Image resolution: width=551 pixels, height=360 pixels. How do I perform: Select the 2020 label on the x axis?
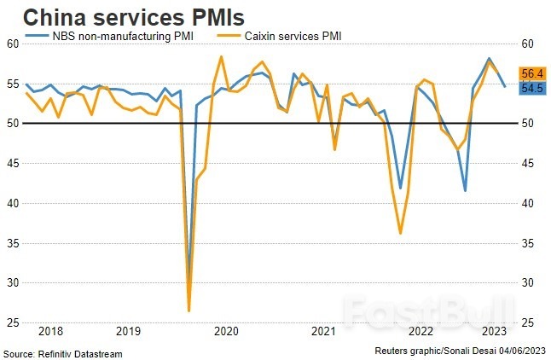tap(226, 331)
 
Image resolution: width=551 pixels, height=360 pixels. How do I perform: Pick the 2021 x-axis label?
tap(322, 331)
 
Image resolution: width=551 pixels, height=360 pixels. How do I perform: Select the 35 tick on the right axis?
tap(528, 243)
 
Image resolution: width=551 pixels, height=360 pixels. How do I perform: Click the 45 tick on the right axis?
tap(528, 163)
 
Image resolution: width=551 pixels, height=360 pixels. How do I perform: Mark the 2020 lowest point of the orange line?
tap(188, 311)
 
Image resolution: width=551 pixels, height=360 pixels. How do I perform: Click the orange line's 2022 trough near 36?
tap(400, 233)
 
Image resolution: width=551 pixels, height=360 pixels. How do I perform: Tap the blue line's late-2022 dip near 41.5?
tap(465, 190)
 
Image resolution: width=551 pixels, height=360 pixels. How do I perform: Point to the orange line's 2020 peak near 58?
tap(221, 56)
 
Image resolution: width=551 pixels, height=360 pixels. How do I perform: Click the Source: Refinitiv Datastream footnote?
tap(63, 353)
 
